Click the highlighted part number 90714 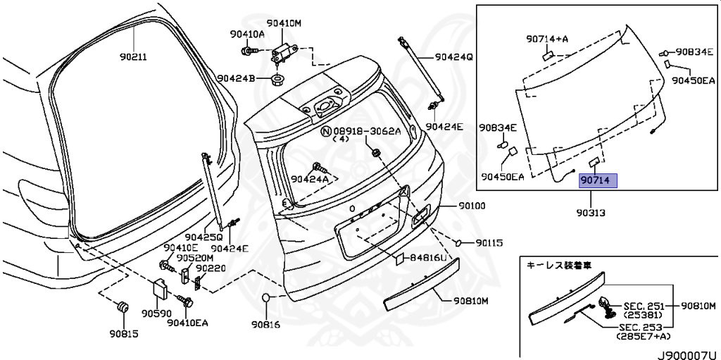pos(597,181)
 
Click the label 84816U pos(428,259)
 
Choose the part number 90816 pos(265,325)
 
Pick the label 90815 pos(123,333)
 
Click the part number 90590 pos(156,312)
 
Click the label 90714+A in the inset pos(547,39)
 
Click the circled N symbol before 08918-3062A pos(326,131)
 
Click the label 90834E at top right pos(696,52)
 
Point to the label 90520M pos(190,258)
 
